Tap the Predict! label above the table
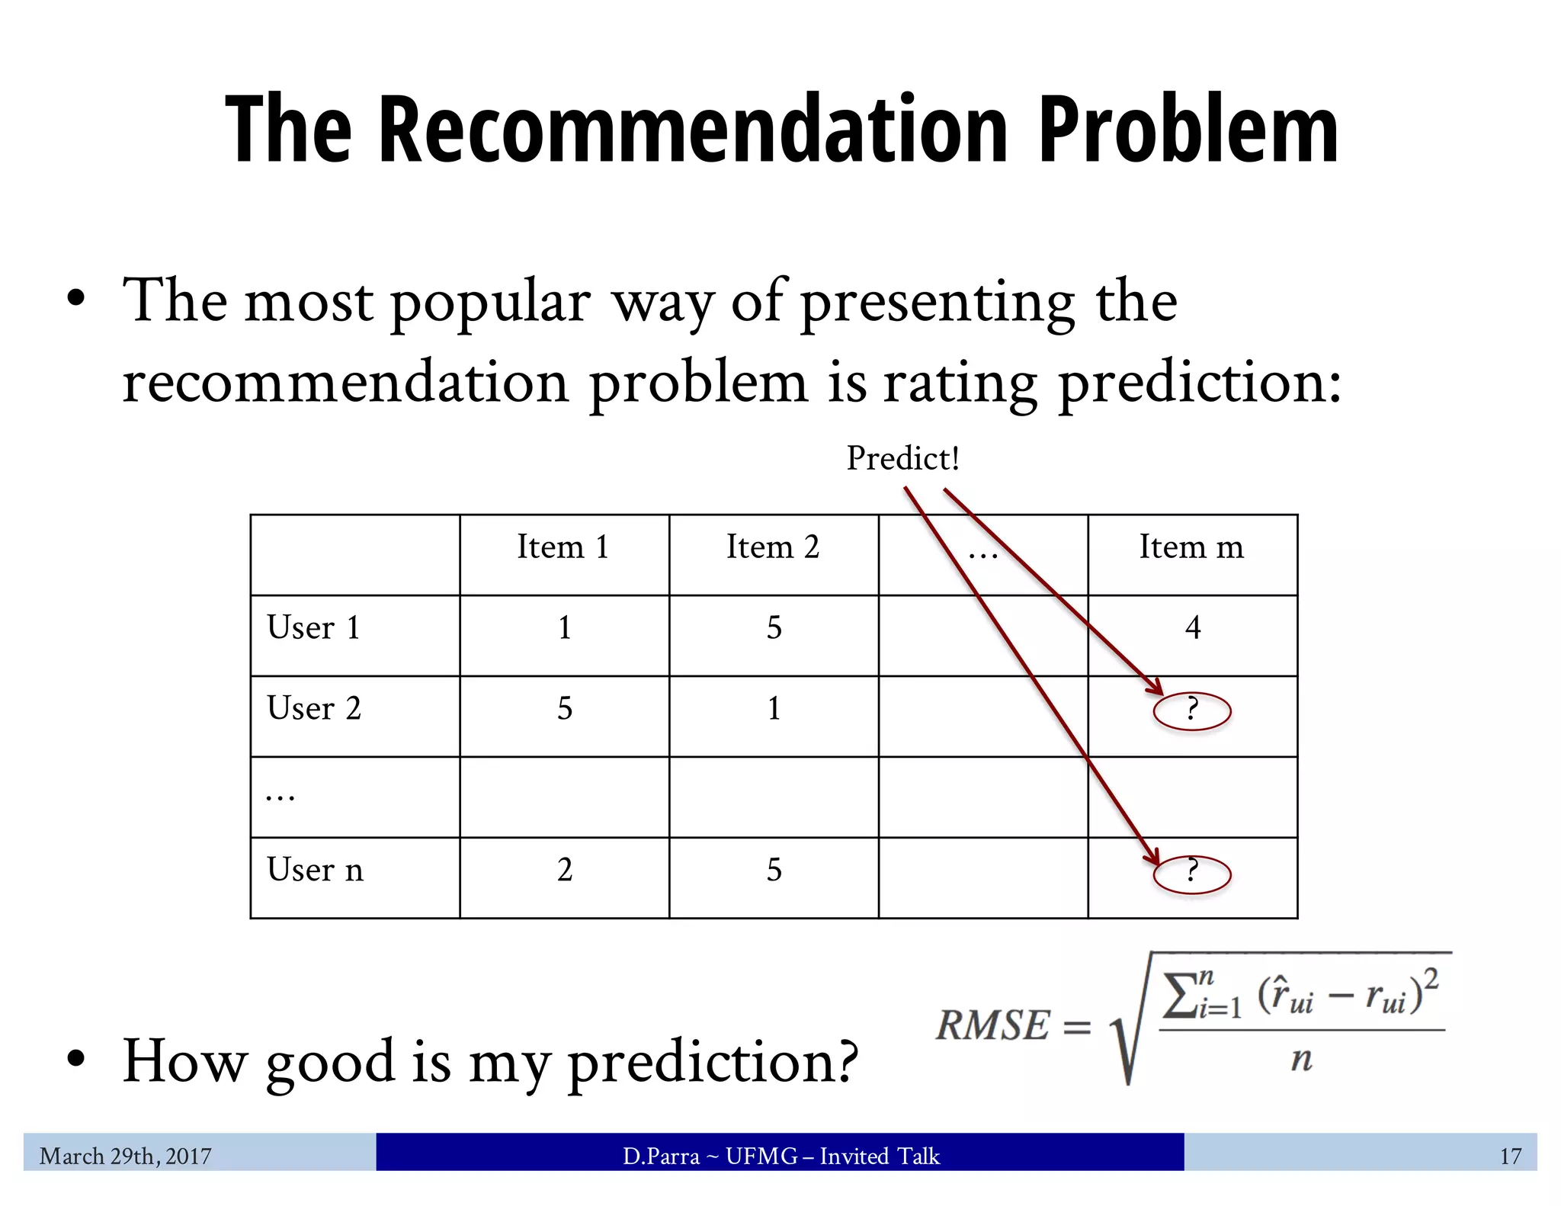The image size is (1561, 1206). coord(902,458)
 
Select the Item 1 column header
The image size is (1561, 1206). coord(563,547)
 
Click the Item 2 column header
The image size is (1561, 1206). coord(773,547)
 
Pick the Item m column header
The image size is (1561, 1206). coord(1191,547)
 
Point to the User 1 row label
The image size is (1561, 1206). coord(313,628)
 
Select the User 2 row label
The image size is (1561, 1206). coord(314,709)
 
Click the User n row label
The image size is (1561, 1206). coord(315,871)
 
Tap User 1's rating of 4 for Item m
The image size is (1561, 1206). coord(1193,628)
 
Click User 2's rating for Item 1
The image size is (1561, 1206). coord(565,709)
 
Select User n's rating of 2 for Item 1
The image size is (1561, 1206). coord(565,871)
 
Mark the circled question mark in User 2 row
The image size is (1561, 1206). coord(1192,711)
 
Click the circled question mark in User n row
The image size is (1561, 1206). coord(1192,873)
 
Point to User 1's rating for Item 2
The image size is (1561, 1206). coord(774,628)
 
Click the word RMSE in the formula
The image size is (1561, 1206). coord(993,1025)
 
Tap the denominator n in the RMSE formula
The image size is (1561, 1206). coord(1301,1060)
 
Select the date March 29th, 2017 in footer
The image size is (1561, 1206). coord(126,1156)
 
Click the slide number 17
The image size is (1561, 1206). coord(1510,1156)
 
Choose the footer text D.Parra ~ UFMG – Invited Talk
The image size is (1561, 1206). coord(781,1156)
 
